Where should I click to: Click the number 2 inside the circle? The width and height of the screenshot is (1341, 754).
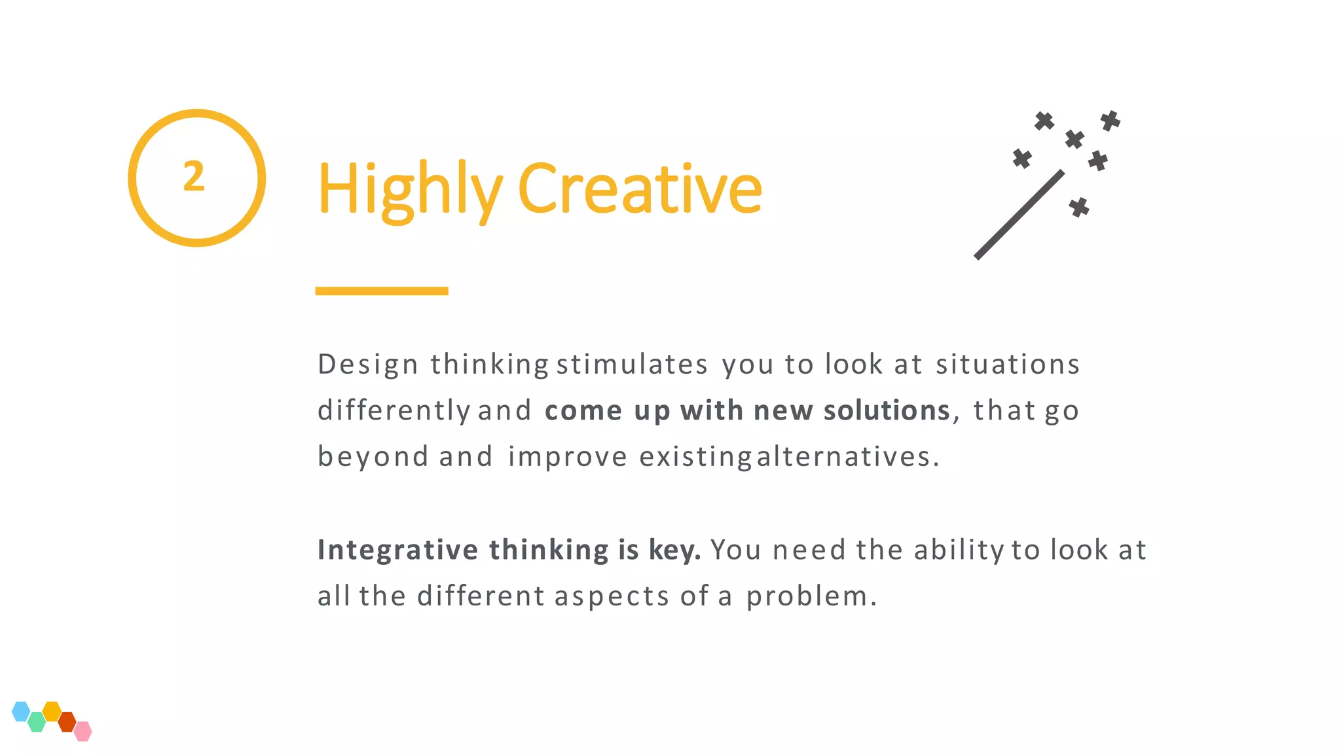(x=194, y=177)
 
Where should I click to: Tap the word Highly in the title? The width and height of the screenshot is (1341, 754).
(x=410, y=189)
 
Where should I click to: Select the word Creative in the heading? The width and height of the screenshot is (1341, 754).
(x=640, y=189)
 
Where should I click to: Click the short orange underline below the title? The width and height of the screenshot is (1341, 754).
(x=381, y=291)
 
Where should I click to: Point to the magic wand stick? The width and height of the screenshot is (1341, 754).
(x=1019, y=215)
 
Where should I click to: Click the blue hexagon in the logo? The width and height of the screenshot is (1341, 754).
(x=21, y=711)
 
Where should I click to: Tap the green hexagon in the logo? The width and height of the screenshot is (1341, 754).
(x=37, y=722)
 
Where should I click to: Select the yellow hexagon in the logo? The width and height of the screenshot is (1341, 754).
(x=52, y=711)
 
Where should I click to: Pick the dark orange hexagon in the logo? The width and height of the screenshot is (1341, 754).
(x=67, y=722)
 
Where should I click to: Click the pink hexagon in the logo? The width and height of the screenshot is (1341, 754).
(x=83, y=731)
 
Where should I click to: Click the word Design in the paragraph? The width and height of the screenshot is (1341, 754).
(x=367, y=365)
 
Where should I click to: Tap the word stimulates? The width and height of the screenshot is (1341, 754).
(x=632, y=365)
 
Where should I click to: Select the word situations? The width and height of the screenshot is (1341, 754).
(x=1007, y=365)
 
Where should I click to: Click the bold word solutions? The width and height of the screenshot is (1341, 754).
(x=887, y=411)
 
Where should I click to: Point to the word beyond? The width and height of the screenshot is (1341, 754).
(x=373, y=457)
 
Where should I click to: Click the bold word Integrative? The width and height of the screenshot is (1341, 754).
(x=397, y=550)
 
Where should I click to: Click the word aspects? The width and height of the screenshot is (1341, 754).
(x=612, y=597)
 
